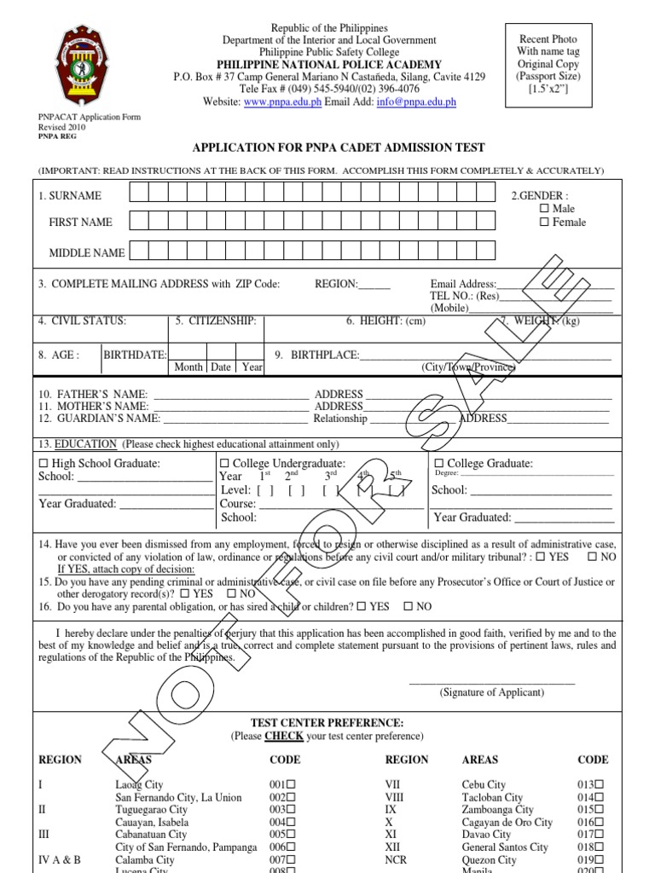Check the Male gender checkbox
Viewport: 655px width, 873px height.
click(544, 209)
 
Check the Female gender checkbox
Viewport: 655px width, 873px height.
click(544, 223)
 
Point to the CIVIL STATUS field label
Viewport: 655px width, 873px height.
click(82, 321)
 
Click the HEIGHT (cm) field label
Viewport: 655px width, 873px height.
click(385, 321)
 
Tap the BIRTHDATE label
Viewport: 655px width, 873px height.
click(135, 355)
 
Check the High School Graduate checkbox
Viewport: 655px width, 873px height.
click(44, 464)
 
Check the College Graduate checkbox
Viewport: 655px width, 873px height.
click(439, 464)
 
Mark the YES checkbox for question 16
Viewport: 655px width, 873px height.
click(362, 607)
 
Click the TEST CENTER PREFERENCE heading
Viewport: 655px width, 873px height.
click(327, 722)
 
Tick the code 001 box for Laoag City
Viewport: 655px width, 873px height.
click(292, 784)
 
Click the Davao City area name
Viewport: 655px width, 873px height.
click(486, 835)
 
